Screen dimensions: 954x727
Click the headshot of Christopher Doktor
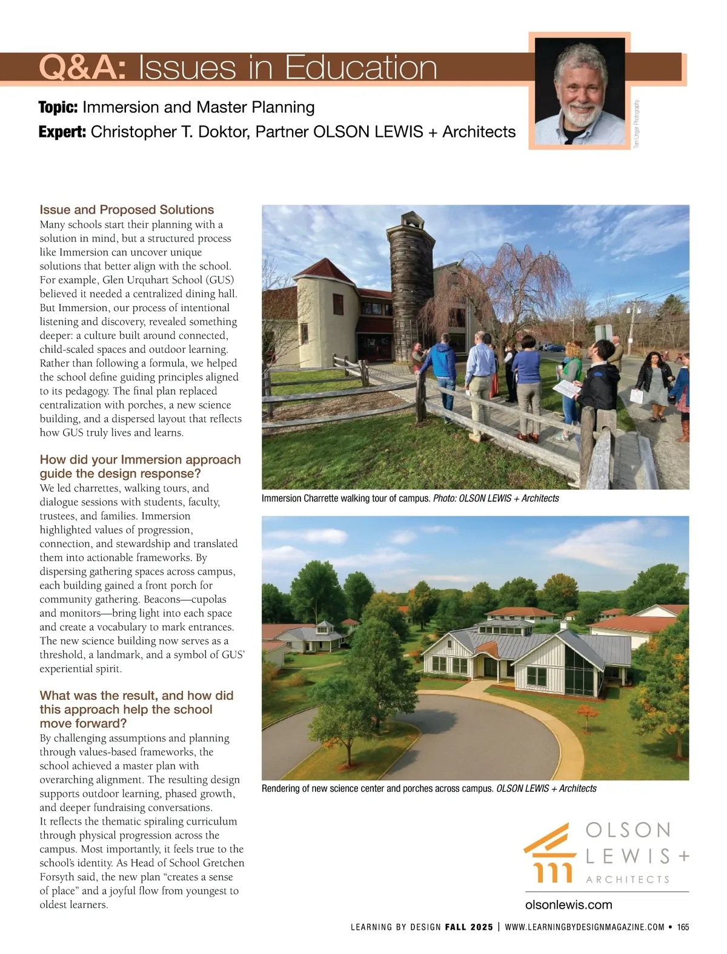[580, 91]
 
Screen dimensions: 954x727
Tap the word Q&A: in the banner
[82, 68]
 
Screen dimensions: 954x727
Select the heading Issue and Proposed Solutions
[127, 209]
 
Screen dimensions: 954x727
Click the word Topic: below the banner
[58, 108]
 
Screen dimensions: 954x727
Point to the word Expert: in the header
[62, 132]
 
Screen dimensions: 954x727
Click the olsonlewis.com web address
[568, 904]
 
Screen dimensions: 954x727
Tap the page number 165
[683, 927]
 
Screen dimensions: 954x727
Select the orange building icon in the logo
[548, 852]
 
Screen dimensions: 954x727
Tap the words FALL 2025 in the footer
[468, 927]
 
